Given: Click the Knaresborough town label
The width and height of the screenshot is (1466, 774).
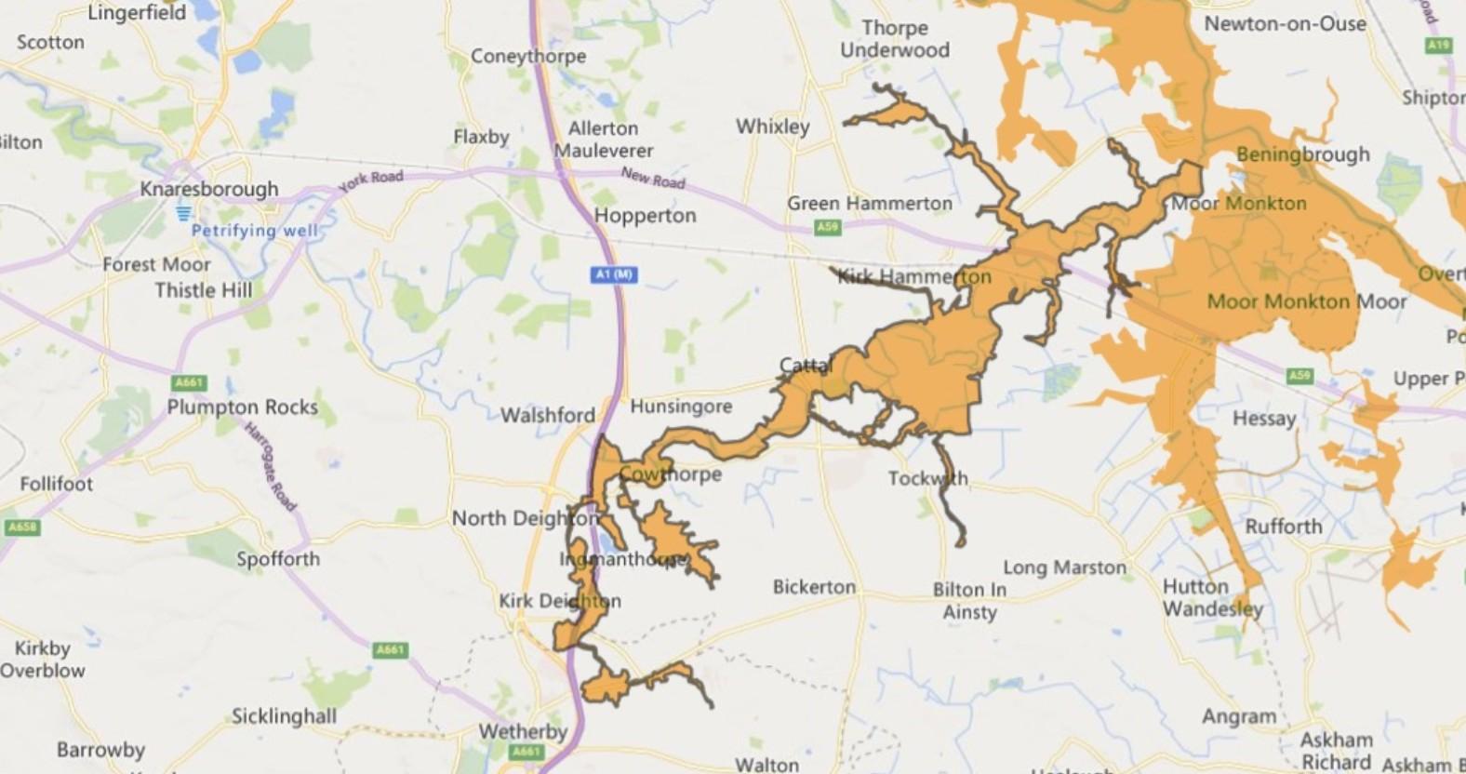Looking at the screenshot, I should (x=208, y=189).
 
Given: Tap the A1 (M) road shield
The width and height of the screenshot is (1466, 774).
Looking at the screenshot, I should (x=614, y=274).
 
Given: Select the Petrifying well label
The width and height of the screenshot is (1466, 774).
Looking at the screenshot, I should (x=254, y=231).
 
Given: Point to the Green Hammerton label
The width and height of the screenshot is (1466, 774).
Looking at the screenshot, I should (x=869, y=203).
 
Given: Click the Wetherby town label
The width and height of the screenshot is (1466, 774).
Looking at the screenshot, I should (x=522, y=731).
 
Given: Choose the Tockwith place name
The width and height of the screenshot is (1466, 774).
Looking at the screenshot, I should (x=926, y=478).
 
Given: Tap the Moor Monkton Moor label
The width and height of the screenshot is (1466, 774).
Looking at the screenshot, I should (x=1306, y=301).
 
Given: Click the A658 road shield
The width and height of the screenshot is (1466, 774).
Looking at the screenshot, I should (x=21, y=527).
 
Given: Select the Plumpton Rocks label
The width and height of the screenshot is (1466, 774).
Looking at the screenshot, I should (x=242, y=407).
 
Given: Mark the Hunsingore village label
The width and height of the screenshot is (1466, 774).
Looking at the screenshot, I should (x=681, y=407).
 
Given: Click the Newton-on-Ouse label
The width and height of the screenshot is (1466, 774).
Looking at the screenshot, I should (x=1285, y=24).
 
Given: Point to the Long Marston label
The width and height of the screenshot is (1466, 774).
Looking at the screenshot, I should (x=1064, y=567).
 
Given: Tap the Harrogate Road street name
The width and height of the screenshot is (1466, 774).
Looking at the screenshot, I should (x=270, y=467).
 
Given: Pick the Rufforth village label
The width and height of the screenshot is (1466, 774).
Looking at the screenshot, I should (x=1283, y=527).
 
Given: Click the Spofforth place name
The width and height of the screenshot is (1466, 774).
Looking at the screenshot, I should (x=277, y=558).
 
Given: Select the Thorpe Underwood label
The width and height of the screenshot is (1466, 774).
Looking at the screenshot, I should (x=894, y=39).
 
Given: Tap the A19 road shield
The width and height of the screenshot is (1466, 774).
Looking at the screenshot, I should (x=1438, y=45).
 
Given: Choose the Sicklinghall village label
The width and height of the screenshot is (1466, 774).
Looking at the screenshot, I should (x=284, y=716).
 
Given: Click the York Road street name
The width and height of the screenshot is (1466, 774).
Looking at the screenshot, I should (x=370, y=180).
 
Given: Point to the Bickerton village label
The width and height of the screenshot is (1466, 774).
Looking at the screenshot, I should (x=813, y=587).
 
